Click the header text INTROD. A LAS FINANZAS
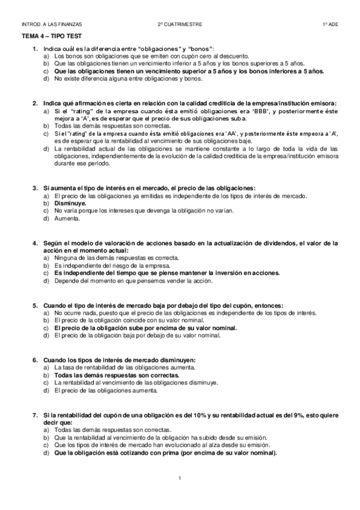click(51, 25)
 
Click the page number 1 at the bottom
click(180, 478)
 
